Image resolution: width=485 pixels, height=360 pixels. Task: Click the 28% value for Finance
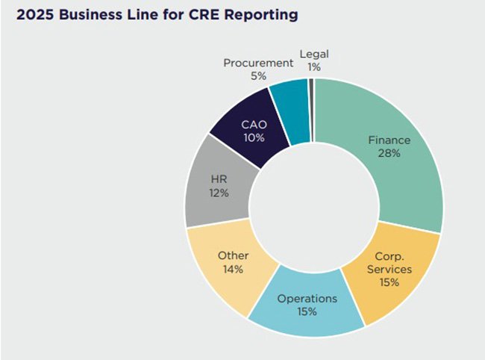tap(388, 153)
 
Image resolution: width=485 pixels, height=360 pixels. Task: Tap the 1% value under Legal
tap(314, 67)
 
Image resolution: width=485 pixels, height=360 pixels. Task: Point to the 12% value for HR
tap(218, 193)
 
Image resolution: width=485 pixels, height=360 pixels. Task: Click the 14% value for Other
tap(233, 269)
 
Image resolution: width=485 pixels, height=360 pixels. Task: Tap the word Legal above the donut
tap(314, 54)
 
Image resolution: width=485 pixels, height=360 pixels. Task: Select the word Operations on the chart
tap(307, 298)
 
